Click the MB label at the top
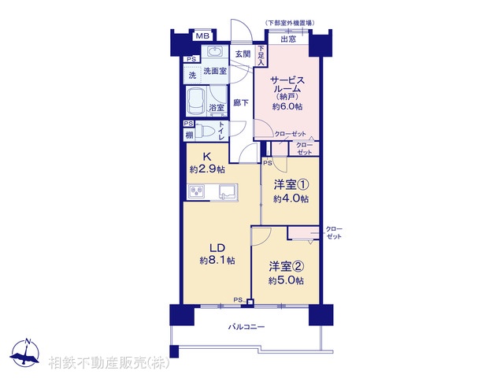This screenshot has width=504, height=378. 202,36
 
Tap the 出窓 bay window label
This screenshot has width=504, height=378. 289,39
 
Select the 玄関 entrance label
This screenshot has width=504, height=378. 243,54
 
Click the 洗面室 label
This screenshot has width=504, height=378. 215,72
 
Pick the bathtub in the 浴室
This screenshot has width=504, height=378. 198,102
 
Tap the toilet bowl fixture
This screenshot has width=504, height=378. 203,132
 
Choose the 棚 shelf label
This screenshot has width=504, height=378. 189,136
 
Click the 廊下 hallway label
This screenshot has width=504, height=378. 241,102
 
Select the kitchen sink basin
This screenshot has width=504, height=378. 228,191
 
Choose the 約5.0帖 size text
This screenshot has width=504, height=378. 287,280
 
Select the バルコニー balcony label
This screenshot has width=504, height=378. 246,326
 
